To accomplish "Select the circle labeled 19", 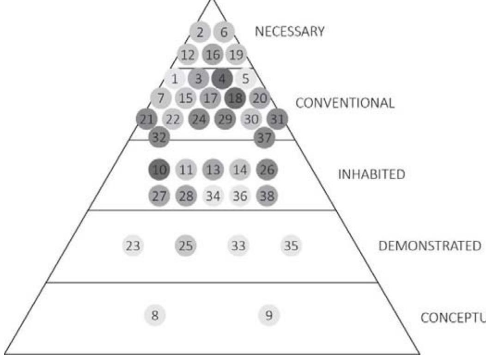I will pyautogui.click(x=236, y=55).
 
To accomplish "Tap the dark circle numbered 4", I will pyautogui.click(x=222, y=79).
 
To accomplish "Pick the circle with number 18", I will pyautogui.click(x=235, y=98).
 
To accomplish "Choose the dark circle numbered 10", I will pyautogui.click(x=159, y=170).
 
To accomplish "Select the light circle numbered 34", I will pyautogui.click(x=213, y=196).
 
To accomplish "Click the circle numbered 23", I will pyautogui.click(x=133, y=245).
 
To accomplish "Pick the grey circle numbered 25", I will pyautogui.click(x=186, y=245).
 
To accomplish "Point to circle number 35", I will pyautogui.click(x=291, y=245).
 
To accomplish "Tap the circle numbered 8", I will pyautogui.click(x=155, y=316).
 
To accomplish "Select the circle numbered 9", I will pyautogui.click(x=269, y=316).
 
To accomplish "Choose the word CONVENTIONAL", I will pyautogui.click(x=345, y=103).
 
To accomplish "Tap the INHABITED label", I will pyautogui.click(x=371, y=175).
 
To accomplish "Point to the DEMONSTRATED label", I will pyautogui.click(x=429, y=246).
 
